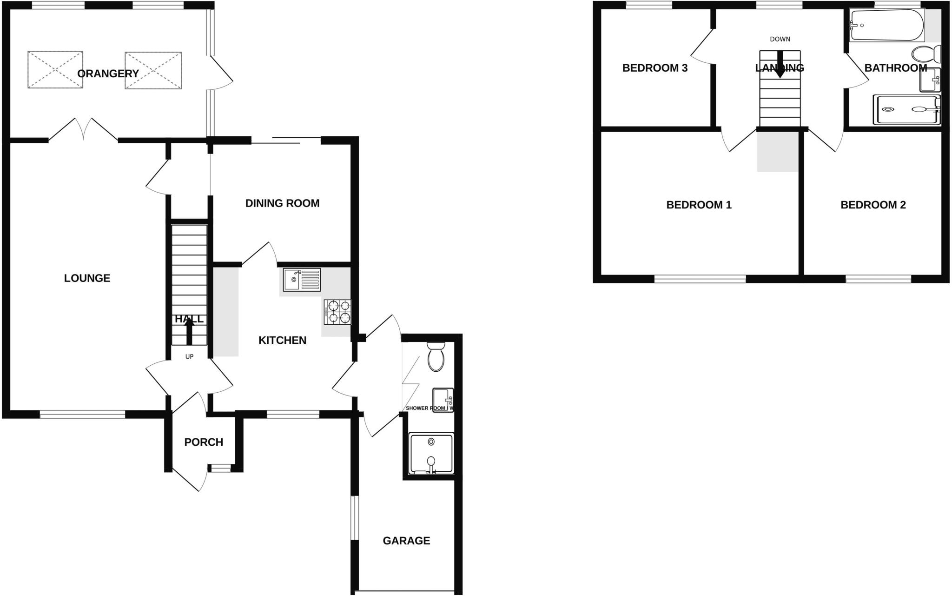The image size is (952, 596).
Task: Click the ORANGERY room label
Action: pyautogui.click(x=108, y=74)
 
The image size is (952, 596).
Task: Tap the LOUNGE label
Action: pyautogui.click(x=87, y=278)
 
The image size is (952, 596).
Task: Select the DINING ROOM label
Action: pyautogui.click(x=282, y=203)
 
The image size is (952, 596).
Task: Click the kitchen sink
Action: pyautogui.click(x=302, y=280)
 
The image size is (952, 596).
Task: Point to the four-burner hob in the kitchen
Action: pyautogui.click(x=338, y=312)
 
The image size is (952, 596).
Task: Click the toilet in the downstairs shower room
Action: pyautogui.click(x=436, y=357)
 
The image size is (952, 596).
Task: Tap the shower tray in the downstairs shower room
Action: pyautogui.click(x=431, y=454)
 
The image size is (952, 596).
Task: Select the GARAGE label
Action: pyautogui.click(x=406, y=541)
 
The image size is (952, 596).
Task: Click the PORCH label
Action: pyautogui.click(x=204, y=442)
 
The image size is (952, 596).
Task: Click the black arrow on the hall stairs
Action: pyautogui.click(x=189, y=333)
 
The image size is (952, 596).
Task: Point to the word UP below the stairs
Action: pyautogui.click(x=189, y=357)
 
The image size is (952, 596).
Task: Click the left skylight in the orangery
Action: pyautogui.click(x=55, y=70)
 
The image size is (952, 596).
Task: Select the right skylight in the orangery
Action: pyautogui.click(x=153, y=70)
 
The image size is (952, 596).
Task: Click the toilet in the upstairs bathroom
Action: pyautogui.click(x=926, y=54)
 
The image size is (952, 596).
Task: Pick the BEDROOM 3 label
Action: pyautogui.click(x=654, y=68)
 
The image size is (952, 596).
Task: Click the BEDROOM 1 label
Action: pyautogui.click(x=699, y=205)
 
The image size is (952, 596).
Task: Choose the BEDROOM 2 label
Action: pyautogui.click(x=873, y=205)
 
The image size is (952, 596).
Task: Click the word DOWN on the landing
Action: pyautogui.click(x=780, y=39)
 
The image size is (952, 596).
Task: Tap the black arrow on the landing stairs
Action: pyautogui.click(x=780, y=65)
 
